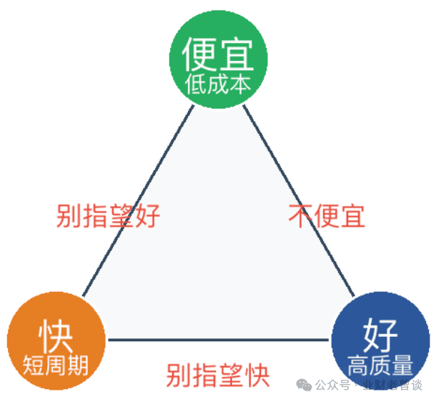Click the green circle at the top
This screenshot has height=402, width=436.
coord(218,59)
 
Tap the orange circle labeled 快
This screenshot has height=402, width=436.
coord(56,340)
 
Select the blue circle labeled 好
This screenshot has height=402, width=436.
coord(380,340)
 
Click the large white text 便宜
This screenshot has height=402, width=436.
coord(218,54)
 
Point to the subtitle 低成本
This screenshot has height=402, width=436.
coord(218,84)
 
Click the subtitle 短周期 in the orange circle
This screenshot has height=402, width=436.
coord(56,366)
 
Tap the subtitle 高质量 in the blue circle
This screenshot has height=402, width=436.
coord(380,366)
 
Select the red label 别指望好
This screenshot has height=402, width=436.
coord(108,216)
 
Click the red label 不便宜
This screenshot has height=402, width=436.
coord(327,216)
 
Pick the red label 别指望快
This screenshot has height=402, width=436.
coord(218,376)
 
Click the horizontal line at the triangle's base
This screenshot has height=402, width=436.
coord(218,340)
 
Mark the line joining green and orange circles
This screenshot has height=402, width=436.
coord(138,200)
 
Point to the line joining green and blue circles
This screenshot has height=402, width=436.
coord(299,200)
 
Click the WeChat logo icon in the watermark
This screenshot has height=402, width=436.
coord(304,385)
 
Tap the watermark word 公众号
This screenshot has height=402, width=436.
coord(332,386)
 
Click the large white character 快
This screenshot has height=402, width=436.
coord(56,335)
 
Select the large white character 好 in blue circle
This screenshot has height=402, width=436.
coord(380,335)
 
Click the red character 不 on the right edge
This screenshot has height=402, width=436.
coord(301,216)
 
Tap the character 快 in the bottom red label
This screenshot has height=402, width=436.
coord(258,376)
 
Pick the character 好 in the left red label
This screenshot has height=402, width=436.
coord(148,216)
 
